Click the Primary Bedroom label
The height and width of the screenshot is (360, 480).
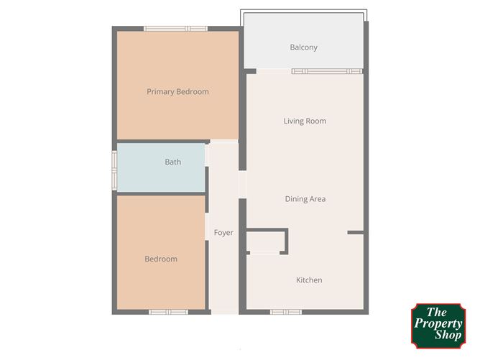[x=177, y=91]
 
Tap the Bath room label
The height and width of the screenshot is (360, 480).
[x=172, y=162]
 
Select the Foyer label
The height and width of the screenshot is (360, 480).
[x=223, y=233]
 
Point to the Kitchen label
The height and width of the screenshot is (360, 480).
[x=309, y=280]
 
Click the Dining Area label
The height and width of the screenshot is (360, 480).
[x=305, y=199]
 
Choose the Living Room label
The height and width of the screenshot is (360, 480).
[x=305, y=121]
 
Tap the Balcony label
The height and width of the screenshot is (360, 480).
[x=303, y=47]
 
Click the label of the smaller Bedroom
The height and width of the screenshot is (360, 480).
[x=161, y=259]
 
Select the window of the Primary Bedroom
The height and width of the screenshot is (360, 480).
[x=176, y=29]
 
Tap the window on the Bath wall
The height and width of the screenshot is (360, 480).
[x=114, y=169]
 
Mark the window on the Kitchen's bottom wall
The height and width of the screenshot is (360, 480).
[x=286, y=312]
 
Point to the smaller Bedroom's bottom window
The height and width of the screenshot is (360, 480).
[x=168, y=312]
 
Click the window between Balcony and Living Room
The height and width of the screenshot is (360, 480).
[x=326, y=70]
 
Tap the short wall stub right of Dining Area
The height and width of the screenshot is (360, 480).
[x=355, y=233]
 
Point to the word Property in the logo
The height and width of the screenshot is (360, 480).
[x=438, y=324]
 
